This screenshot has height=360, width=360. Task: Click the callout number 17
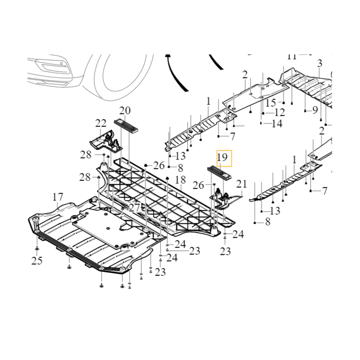[58, 197]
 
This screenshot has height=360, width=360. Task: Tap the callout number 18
[180, 180]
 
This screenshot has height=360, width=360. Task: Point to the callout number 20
[125, 111]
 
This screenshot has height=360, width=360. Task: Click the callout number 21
[242, 184]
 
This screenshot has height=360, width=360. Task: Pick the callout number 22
[100, 123]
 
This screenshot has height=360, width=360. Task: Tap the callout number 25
[37, 261]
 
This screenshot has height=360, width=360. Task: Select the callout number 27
[135, 207]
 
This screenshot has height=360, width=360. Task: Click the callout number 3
[320, 63]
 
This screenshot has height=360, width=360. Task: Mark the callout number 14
[277, 123]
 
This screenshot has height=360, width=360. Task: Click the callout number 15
[270, 103]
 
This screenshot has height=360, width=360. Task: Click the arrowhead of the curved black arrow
[169, 57]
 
